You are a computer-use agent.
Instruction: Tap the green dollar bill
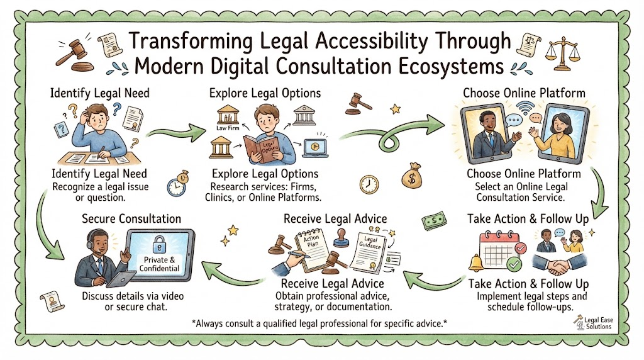[435, 221]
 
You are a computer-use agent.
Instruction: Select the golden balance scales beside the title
[563, 54]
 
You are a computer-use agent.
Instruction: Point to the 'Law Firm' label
[228, 128]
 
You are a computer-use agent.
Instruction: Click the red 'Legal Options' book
[262, 150]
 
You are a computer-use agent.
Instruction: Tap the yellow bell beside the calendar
[477, 262]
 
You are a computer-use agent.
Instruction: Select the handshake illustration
[559, 264]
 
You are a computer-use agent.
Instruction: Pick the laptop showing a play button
[315, 148]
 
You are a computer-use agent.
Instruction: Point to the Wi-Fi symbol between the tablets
[525, 108]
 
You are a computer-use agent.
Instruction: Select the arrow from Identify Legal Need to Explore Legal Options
[176, 132]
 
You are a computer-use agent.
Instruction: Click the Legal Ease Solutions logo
[594, 323]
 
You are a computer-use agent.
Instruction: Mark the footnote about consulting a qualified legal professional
[319, 323]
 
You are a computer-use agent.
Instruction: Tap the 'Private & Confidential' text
[159, 264]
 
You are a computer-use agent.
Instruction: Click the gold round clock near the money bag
[369, 184]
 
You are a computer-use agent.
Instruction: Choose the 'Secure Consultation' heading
[131, 218]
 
